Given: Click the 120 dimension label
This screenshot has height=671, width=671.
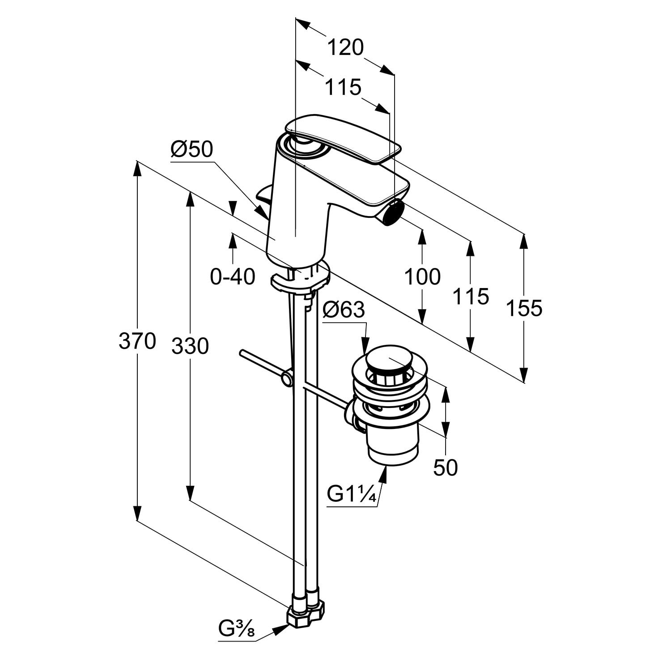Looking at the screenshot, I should click(345, 47).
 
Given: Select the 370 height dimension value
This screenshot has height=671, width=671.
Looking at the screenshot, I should click(137, 341).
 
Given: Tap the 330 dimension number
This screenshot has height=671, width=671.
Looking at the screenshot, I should click(190, 346).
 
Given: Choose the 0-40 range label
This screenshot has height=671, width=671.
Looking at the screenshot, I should click(233, 276).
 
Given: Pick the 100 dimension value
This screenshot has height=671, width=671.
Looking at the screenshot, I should click(422, 276).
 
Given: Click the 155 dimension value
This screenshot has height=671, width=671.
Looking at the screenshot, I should click(524, 308).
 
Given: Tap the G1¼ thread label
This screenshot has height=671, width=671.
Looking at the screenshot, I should click(351, 495).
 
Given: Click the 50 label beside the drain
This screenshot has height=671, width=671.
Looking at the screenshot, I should click(446, 467).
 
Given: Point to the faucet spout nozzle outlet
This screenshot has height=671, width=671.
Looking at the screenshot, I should click(394, 211).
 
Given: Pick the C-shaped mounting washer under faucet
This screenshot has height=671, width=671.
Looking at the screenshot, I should click(300, 280).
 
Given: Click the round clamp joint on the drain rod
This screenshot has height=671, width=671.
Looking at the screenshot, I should click(286, 379).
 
